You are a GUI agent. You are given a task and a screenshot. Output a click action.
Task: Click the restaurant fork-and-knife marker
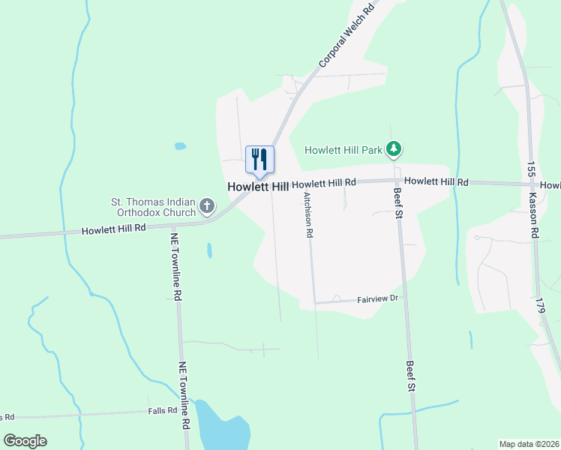259,160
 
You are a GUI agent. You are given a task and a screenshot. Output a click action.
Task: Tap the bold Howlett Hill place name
258,186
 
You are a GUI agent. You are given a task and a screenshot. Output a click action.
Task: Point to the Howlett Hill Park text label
343,150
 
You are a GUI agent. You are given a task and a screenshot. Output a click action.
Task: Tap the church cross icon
207,205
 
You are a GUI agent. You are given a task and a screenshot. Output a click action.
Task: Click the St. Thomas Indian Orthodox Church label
153,206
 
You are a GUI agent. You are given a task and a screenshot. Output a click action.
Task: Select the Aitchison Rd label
307,214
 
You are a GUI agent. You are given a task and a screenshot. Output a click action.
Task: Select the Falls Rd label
162,411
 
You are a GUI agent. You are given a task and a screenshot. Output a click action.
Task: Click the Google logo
25,440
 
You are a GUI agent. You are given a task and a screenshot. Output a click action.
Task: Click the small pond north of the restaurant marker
180,145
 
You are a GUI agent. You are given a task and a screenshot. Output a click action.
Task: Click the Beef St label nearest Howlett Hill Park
398,205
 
